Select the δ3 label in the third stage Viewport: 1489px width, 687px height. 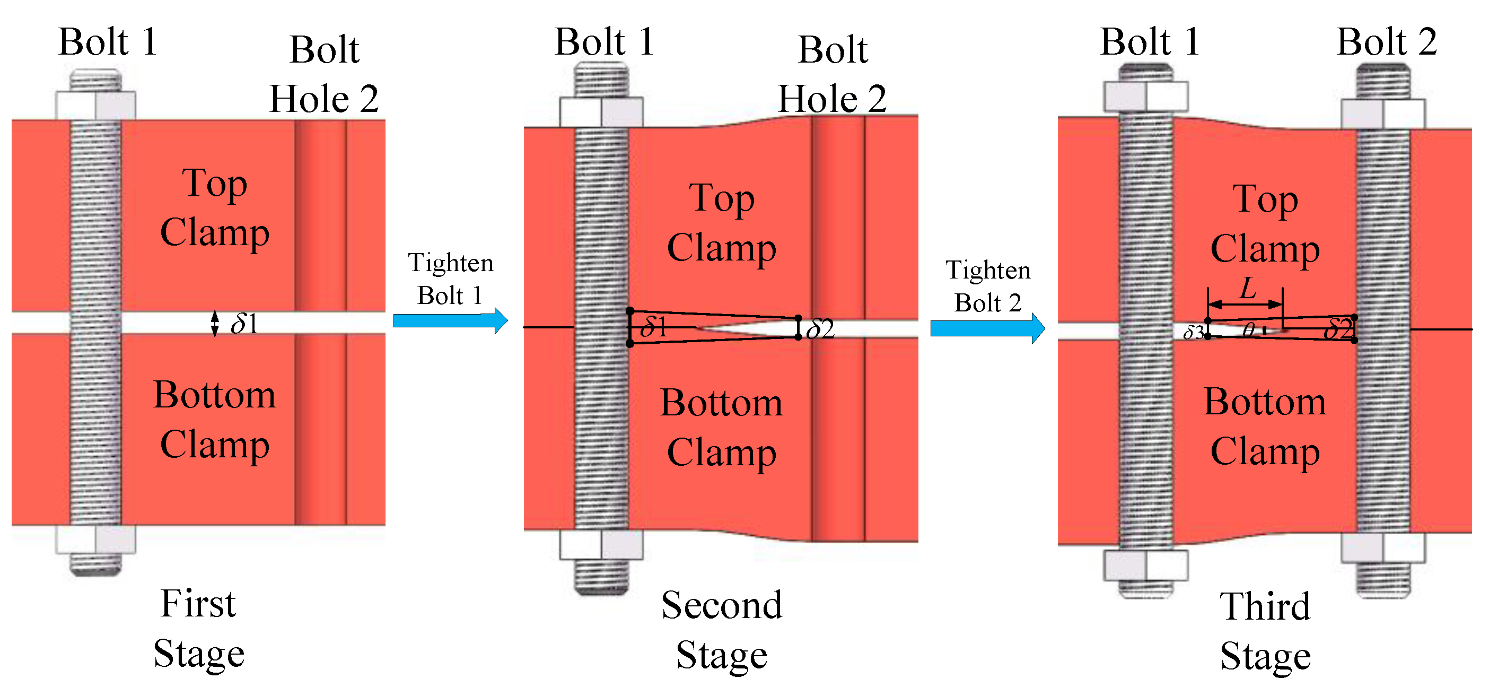pos(1193,332)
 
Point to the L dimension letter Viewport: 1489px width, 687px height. pos(1247,288)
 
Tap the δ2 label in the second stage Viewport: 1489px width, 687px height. pos(820,329)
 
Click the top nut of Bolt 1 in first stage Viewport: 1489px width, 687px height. pos(95,105)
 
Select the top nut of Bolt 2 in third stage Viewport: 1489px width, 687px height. pos(1382,114)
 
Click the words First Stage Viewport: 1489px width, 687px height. pos(198,629)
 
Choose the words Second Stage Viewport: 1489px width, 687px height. pos(721,630)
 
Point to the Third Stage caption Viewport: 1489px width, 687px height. pos(1265,631)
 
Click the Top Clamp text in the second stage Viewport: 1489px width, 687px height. pos(721,223)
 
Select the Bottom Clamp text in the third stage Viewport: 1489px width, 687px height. pos(1265,426)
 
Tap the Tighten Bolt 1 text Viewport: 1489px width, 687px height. pos(450,279)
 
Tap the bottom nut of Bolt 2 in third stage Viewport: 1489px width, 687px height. pos(1382,547)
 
